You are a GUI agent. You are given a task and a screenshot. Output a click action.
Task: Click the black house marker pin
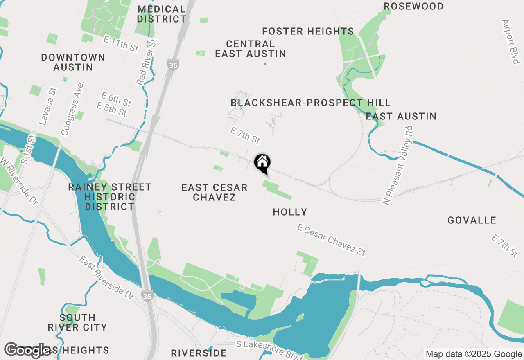point(262,163)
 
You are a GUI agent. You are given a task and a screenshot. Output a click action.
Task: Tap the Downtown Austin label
point(73,62)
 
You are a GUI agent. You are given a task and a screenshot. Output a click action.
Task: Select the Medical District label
point(161,14)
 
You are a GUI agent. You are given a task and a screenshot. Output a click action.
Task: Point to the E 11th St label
point(121,44)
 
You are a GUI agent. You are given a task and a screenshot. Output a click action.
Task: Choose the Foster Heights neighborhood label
point(308,32)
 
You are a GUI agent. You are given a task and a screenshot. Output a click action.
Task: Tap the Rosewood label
point(413,6)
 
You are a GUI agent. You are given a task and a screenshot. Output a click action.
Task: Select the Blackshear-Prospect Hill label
point(310,103)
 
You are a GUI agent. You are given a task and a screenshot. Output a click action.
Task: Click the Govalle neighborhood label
point(472,220)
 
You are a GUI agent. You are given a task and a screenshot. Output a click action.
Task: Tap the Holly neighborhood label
point(290,212)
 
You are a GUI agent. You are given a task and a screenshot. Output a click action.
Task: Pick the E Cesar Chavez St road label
point(331,240)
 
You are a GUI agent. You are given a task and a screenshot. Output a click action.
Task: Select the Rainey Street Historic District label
point(110,197)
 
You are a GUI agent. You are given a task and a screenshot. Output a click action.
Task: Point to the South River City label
point(77,322)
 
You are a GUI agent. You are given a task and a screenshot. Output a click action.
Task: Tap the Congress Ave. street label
point(72,108)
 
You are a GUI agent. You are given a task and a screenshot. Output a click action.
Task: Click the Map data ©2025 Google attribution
point(474,354)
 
